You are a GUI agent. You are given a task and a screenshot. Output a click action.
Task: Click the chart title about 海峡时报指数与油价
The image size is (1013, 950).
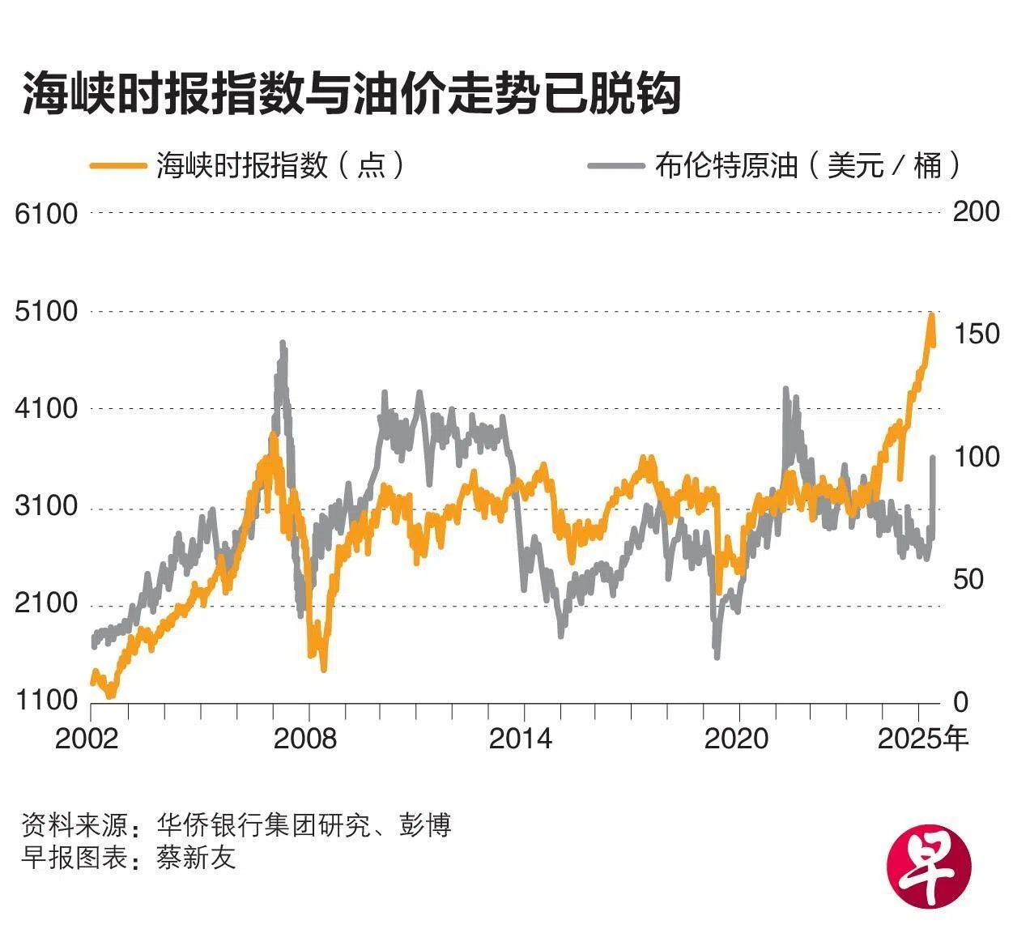click(351, 95)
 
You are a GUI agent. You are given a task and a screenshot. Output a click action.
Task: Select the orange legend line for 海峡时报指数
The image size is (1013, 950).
click(117, 165)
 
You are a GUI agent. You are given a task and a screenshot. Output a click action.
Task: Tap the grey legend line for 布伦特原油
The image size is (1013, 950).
click(615, 165)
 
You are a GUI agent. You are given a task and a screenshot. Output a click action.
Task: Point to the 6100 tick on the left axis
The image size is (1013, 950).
click(47, 214)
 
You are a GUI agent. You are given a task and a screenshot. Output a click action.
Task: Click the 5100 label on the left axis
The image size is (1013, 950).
click(47, 312)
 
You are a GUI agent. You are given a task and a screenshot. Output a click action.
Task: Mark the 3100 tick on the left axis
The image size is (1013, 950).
click(47, 507)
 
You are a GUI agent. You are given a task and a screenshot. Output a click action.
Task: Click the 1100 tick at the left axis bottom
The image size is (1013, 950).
click(47, 701)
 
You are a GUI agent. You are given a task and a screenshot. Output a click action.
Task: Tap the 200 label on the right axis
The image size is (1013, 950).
click(976, 211)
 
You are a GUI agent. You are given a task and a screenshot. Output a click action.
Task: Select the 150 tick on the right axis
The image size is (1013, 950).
click(976, 334)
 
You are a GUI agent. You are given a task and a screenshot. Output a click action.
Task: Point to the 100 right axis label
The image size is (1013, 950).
click(976, 457)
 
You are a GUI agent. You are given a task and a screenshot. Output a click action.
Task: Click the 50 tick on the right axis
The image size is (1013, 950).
click(968, 579)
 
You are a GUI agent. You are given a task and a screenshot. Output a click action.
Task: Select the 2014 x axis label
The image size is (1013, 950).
click(521, 739)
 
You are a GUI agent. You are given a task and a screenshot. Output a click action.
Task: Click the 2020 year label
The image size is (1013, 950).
click(736, 739)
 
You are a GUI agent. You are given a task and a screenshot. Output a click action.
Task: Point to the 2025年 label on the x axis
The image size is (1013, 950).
click(923, 739)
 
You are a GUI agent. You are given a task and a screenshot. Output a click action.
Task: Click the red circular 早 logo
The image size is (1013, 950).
click(929, 867)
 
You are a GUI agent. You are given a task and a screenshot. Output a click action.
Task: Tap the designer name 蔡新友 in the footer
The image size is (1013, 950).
click(197, 858)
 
